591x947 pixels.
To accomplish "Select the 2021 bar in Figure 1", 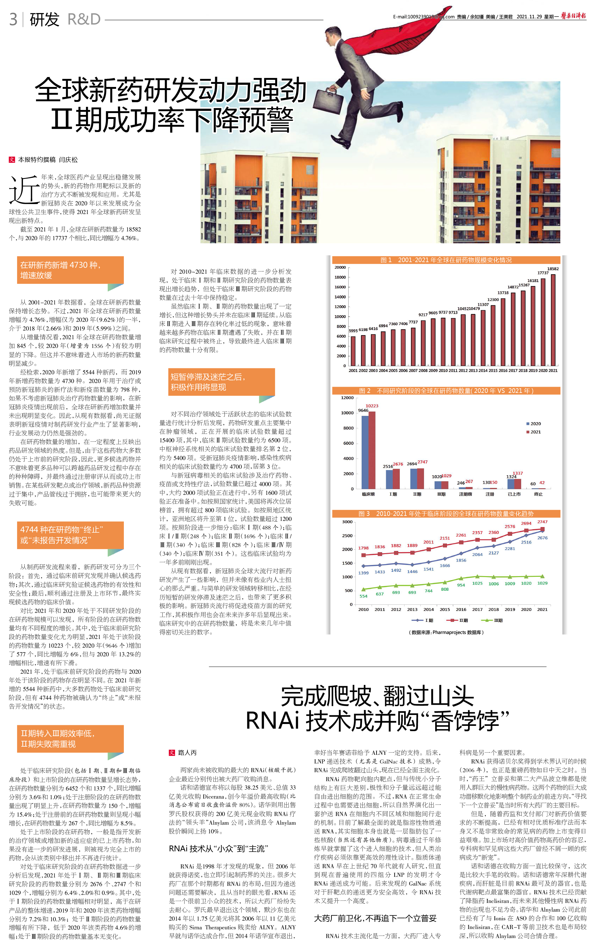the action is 553,320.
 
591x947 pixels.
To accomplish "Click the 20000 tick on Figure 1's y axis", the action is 340,267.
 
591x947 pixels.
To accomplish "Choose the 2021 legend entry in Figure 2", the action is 534,432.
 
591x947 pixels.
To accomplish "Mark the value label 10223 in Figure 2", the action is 372,406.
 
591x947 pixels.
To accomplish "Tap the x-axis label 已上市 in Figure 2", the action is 514,494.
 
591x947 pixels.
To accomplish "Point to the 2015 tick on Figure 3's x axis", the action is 445,609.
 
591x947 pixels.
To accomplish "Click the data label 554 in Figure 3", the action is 363,596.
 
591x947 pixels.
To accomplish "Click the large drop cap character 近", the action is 24,190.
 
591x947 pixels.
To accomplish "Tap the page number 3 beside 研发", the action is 13,19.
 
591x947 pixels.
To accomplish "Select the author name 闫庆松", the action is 68,160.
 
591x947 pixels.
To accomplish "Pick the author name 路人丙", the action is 187,752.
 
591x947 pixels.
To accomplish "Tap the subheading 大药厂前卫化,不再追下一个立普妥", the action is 375,918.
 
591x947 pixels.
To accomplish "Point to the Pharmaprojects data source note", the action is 446,632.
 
